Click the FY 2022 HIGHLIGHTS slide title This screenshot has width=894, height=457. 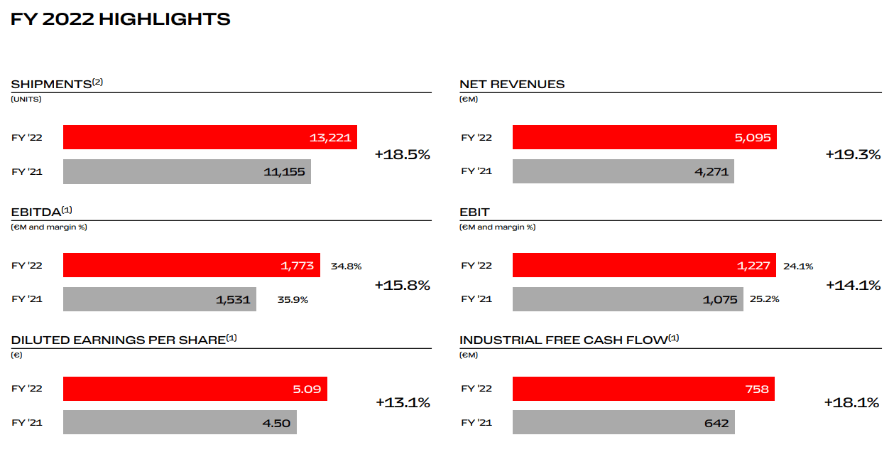(x=121, y=19)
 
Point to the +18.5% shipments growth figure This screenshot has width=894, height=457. (x=402, y=154)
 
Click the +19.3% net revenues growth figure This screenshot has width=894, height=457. (x=853, y=154)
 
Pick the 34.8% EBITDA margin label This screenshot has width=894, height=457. (x=346, y=267)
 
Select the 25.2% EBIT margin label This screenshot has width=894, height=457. (x=764, y=299)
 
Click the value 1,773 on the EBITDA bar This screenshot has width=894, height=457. (x=297, y=266)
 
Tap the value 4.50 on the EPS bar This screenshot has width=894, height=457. (x=276, y=423)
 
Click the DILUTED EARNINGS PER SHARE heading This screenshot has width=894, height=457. (x=118, y=340)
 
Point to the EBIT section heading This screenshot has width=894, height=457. (x=474, y=212)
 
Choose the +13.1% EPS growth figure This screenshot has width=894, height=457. (x=403, y=402)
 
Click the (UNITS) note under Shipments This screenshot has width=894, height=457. (x=26, y=100)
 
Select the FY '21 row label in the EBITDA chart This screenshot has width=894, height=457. (x=27, y=299)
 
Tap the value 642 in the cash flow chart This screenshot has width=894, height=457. (x=716, y=423)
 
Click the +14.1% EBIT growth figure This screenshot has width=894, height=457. (x=853, y=285)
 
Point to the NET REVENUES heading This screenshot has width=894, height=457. (x=512, y=84)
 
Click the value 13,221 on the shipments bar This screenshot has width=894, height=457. (x=330, y=138)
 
